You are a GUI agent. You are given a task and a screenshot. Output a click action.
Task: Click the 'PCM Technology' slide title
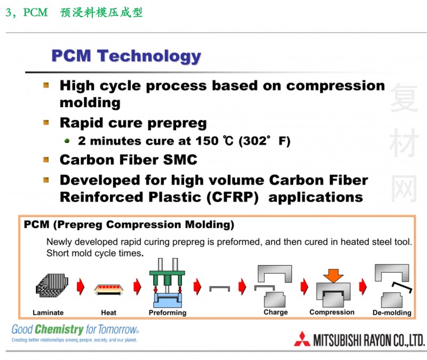[126, 55]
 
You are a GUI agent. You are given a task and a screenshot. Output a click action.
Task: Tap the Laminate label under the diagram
[48, 313]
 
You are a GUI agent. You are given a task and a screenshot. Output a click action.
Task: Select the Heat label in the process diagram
[108, 313]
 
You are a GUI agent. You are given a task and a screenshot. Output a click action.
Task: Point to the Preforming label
[168, 313]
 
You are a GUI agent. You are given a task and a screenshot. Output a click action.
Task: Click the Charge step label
[275, 312]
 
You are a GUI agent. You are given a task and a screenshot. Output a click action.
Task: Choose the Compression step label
[331, 312]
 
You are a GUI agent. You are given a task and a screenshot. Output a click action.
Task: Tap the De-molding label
[392, 313]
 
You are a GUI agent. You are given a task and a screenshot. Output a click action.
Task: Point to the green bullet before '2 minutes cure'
[67, 141]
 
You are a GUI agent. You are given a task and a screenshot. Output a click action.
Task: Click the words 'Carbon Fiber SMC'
[128, 159]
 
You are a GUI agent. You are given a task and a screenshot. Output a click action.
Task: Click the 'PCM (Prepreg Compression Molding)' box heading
[129, 225]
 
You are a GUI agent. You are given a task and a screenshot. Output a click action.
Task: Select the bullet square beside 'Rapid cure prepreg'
[47, 122]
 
